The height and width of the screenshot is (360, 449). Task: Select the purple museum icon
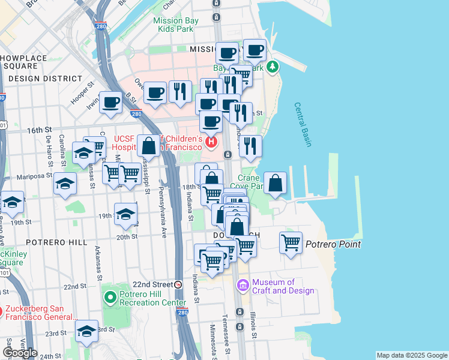coord(243,285)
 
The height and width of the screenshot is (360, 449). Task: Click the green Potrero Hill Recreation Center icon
coord(110,297)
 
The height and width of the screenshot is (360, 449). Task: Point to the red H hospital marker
coord(211,142)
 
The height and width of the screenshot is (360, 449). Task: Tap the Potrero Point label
coord(333,244)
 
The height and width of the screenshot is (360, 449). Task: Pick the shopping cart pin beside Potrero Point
coord(291,243)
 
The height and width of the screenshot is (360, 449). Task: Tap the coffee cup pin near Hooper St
coord(110,102)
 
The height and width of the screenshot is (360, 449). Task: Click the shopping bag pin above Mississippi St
coord(148,146)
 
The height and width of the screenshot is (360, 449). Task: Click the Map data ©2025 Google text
coord(412,355)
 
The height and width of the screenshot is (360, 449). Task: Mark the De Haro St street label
coord(49,152)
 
